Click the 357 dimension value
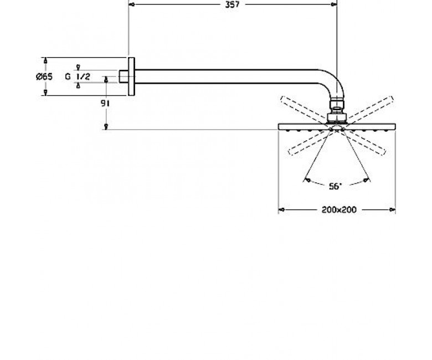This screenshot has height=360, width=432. pyautogui.click(x=232, y=4)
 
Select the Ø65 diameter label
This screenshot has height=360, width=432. pyautogui.click(x=44, y=76)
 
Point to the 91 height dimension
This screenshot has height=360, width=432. pyautogui.click(x=105, y=104)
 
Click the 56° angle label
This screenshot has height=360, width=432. pyautogui.click(x=335, y=187)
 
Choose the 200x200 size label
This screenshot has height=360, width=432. pyautogui.click(x=339, y=210)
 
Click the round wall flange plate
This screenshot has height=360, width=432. pyautogui.click(x=131, y=76)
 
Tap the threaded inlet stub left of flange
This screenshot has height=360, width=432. pyautogui.click(x=124, y=76)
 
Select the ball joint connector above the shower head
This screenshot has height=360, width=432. pyautogui.click(x=337, y=111)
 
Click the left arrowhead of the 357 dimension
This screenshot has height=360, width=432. pyautogui.click(x=132, y=4)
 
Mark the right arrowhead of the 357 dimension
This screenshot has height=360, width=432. pyautogui.click(x=333, y=4)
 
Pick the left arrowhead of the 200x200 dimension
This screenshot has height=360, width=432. pyautogui.click(x=281, y=210)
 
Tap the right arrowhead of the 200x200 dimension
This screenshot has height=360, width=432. pyautogui.click(x=392, y=210)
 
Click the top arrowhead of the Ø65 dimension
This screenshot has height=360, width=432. pyautogui.click(x=45, y=60)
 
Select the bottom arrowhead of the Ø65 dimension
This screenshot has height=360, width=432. pyautogui.click(x=45, y=92)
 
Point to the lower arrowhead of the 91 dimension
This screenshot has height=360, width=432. pyautogui.click(x=106, y=126)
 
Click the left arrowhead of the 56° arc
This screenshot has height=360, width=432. pyautogui.click(x=307, y=180)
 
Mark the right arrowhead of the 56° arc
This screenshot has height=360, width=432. pyautogui.click(x=366, y=180)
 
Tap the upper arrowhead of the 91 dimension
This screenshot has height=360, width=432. pyautogui.click(x=106, y=80)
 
